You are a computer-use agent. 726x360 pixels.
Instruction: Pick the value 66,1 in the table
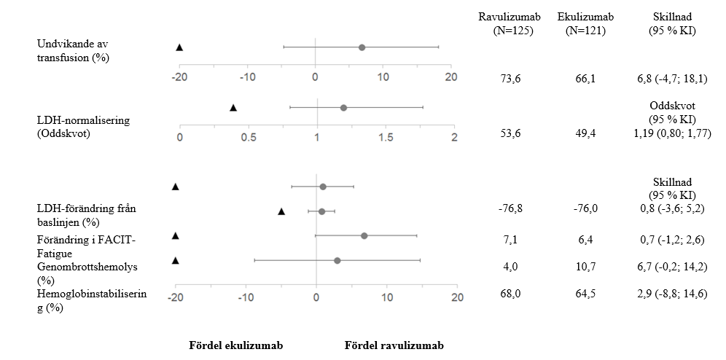(x=585, y=78)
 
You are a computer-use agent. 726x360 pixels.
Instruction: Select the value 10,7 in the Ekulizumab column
(x=585, y=267)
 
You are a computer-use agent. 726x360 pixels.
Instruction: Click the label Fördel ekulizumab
(x=236, y=345)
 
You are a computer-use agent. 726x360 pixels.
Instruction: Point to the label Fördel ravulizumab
(x=394, y=345)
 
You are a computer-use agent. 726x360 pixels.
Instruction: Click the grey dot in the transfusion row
(x=362, y=47)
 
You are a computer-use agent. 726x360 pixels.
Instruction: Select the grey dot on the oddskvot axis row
(x=343, y=108)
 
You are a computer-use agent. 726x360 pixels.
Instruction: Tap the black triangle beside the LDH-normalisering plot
(x=233, y=108)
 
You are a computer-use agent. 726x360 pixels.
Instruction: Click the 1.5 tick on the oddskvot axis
(x=385, y=138)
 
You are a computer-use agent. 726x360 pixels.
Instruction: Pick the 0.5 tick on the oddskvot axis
(x=249, y=138)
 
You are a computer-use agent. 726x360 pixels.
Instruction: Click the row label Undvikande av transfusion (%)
(x=73, y=51)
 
